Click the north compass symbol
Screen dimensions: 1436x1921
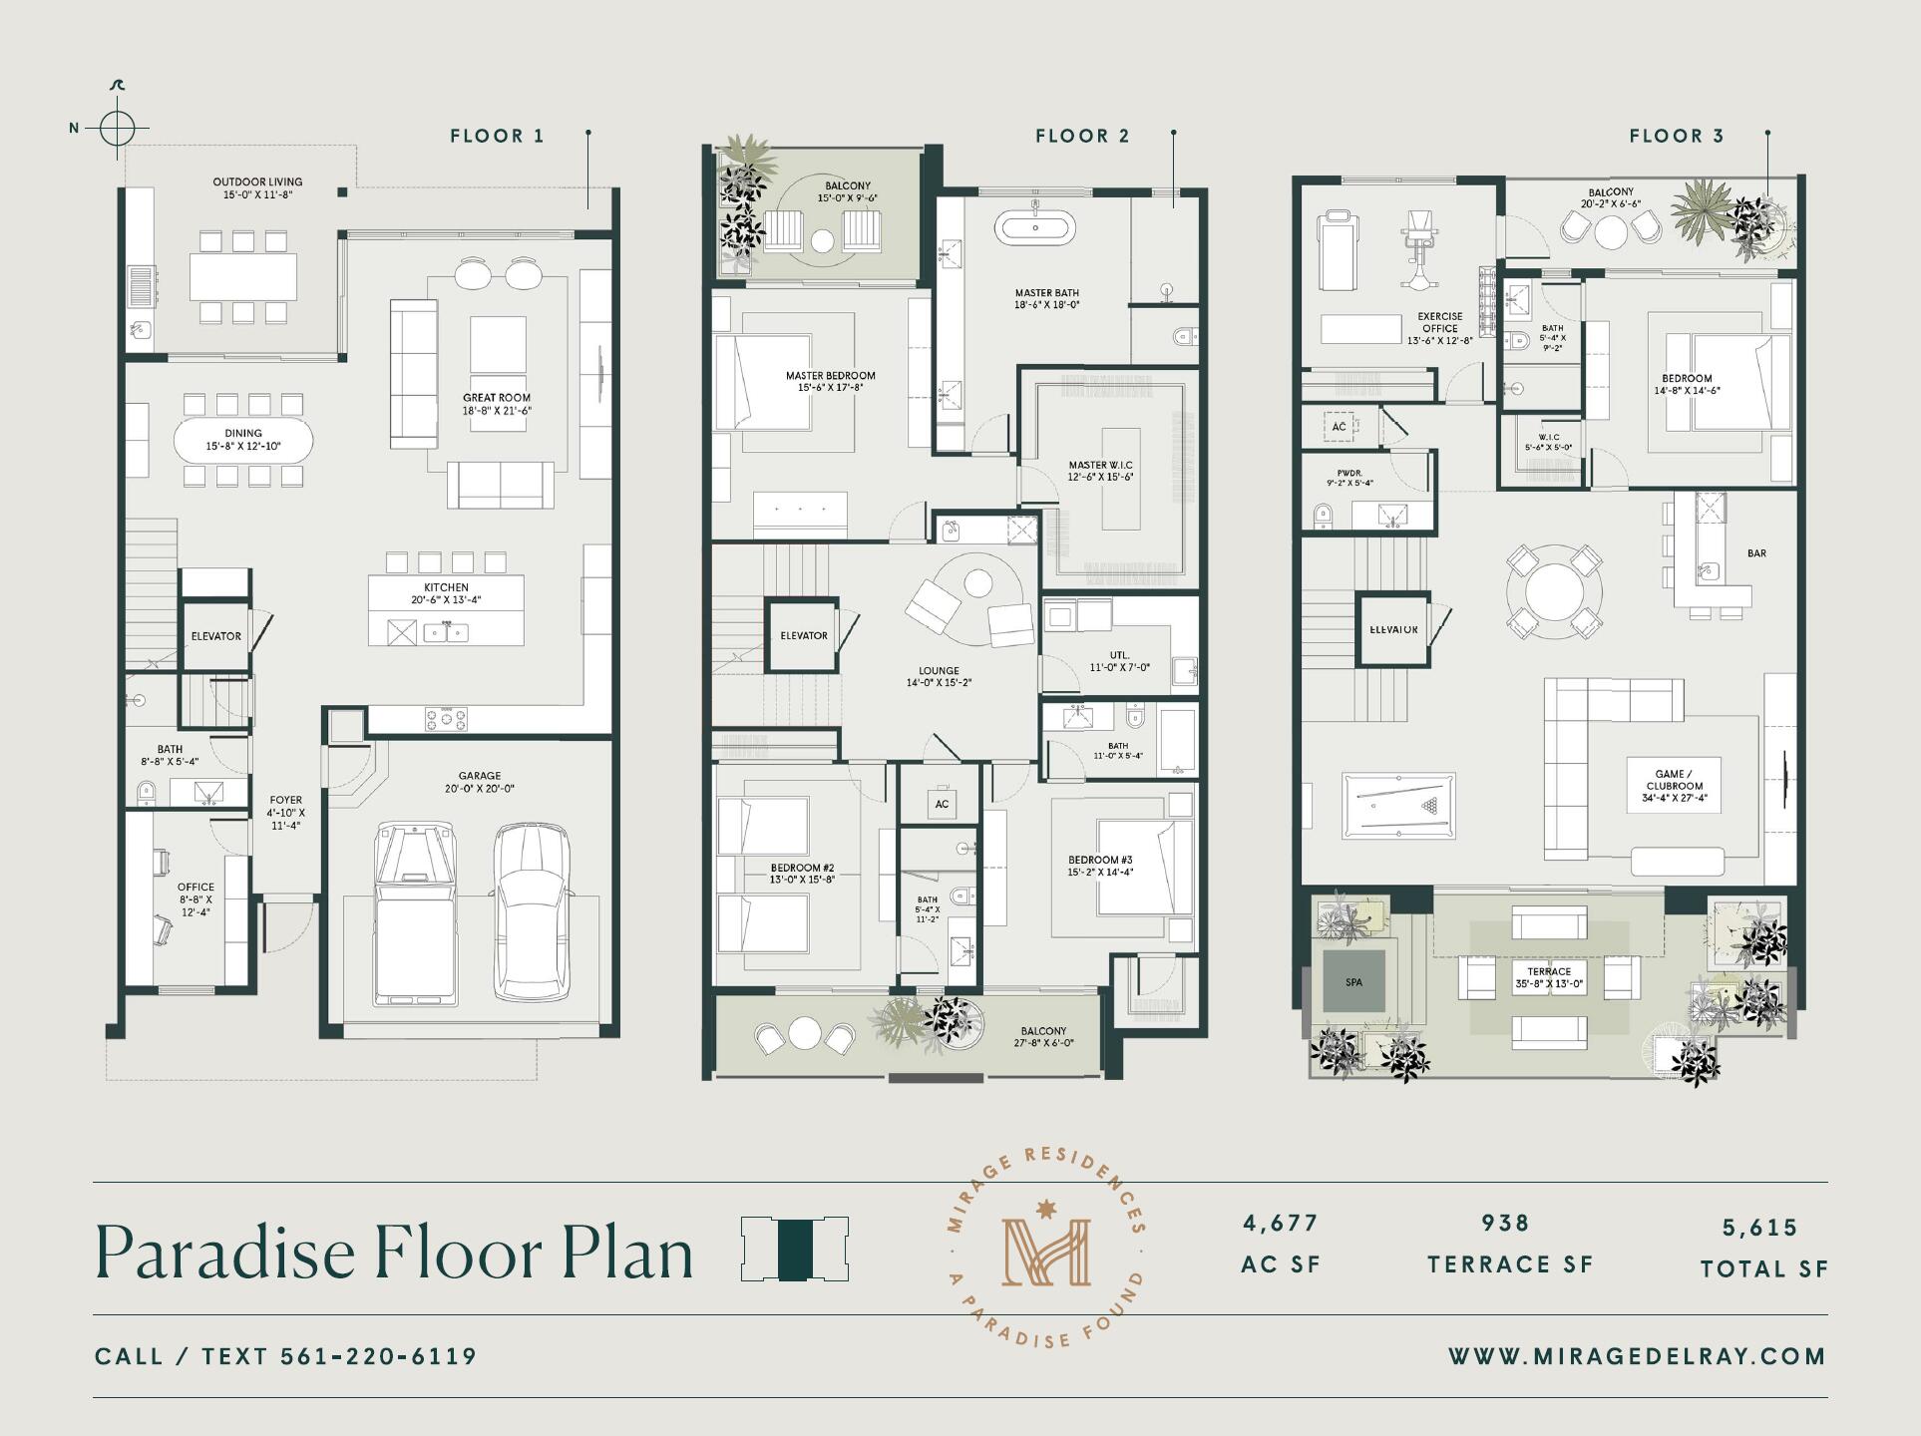117,128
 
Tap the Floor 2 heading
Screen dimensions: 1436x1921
1082,137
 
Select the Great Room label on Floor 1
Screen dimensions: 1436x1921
496,404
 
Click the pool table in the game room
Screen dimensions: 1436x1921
1398,804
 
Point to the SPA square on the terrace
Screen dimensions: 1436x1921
1353,982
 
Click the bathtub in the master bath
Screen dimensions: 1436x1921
1035,228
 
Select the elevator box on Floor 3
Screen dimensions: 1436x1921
1393,630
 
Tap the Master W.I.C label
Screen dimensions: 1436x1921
1101,471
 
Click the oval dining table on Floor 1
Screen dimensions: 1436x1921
243,440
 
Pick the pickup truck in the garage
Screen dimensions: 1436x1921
418,912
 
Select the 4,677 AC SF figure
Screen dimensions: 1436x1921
1281,1224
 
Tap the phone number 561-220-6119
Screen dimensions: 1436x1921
379,1356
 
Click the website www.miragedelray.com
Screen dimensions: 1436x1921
1637,1356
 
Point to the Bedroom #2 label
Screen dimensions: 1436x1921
802,874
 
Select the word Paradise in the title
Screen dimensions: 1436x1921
227,1253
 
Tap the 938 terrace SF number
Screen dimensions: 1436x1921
1505,1224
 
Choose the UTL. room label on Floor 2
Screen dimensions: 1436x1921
1119,661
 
